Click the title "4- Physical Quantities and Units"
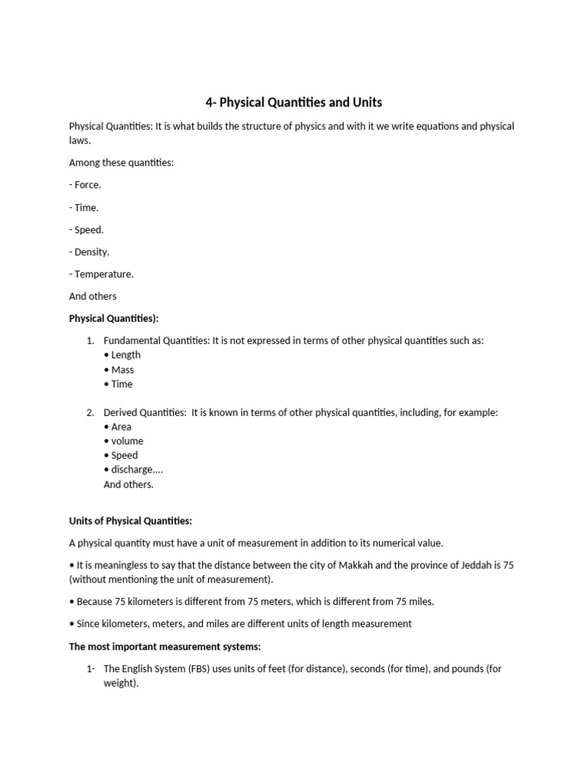click(293, 102)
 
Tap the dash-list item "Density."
click(91, 252)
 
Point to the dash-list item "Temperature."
click(103, 274)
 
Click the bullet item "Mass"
click(122, 369)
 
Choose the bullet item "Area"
click(121, 427)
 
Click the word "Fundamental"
click(131, 340)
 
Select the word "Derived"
click(121, 412)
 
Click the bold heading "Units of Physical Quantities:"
click(131, 521)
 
